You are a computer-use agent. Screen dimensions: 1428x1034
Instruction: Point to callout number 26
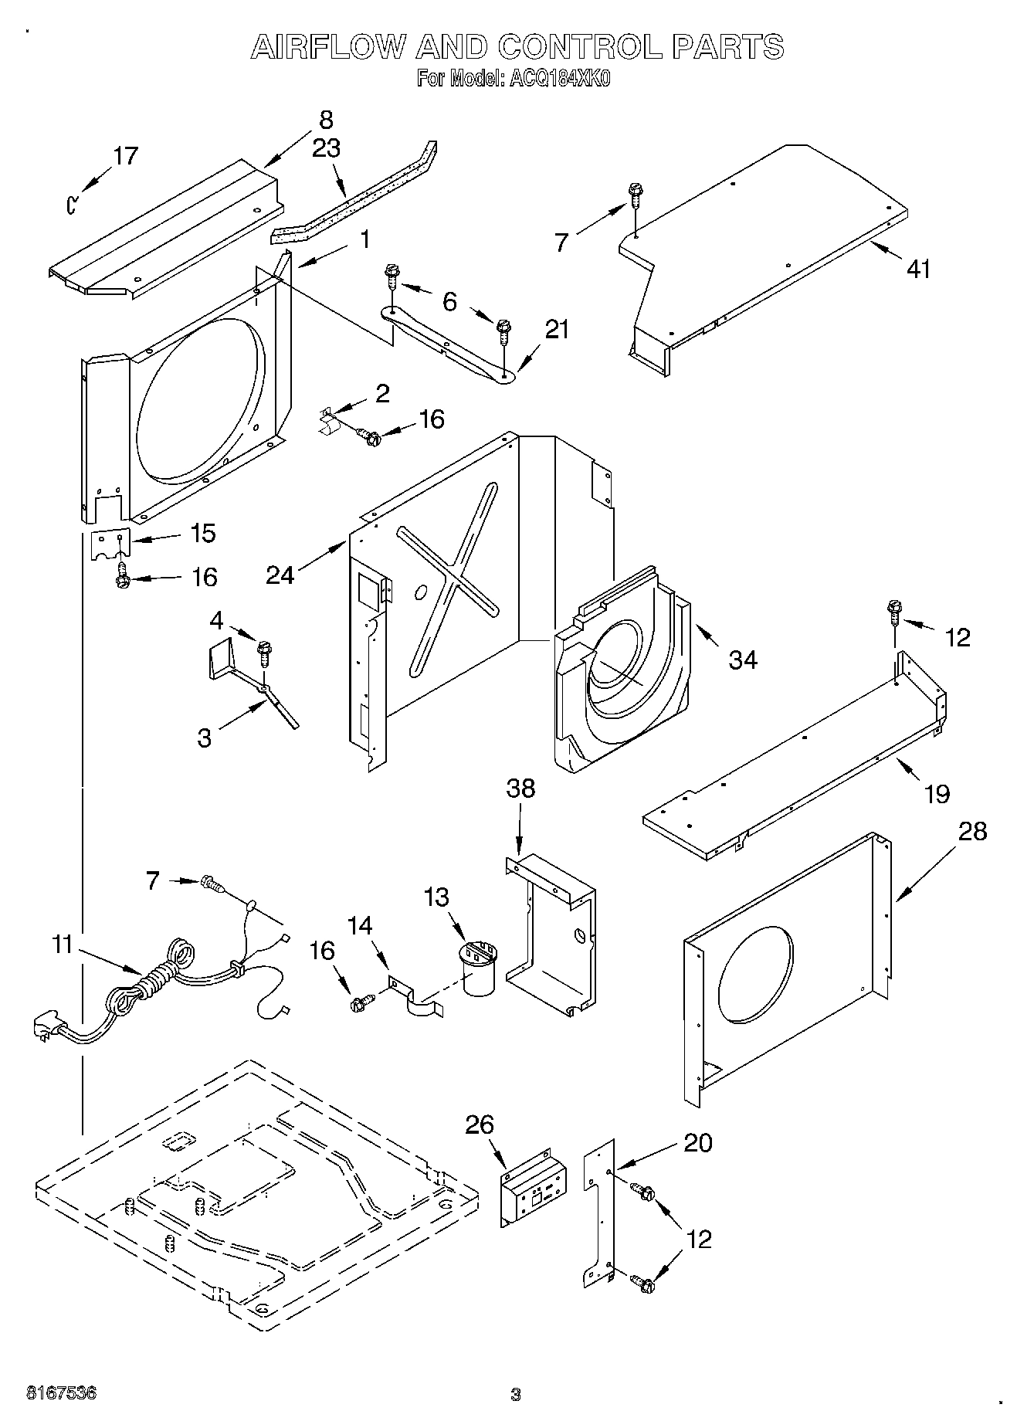coord(480,1124)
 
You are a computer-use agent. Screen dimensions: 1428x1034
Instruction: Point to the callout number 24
coord(280,575)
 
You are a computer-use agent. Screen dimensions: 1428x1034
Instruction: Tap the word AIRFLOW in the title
coord(327,47)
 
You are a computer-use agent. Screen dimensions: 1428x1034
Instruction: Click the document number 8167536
coord(62,1393)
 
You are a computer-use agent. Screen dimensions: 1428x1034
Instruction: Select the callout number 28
coord(973,832)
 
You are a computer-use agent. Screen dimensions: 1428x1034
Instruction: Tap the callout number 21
coord(557,329)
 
